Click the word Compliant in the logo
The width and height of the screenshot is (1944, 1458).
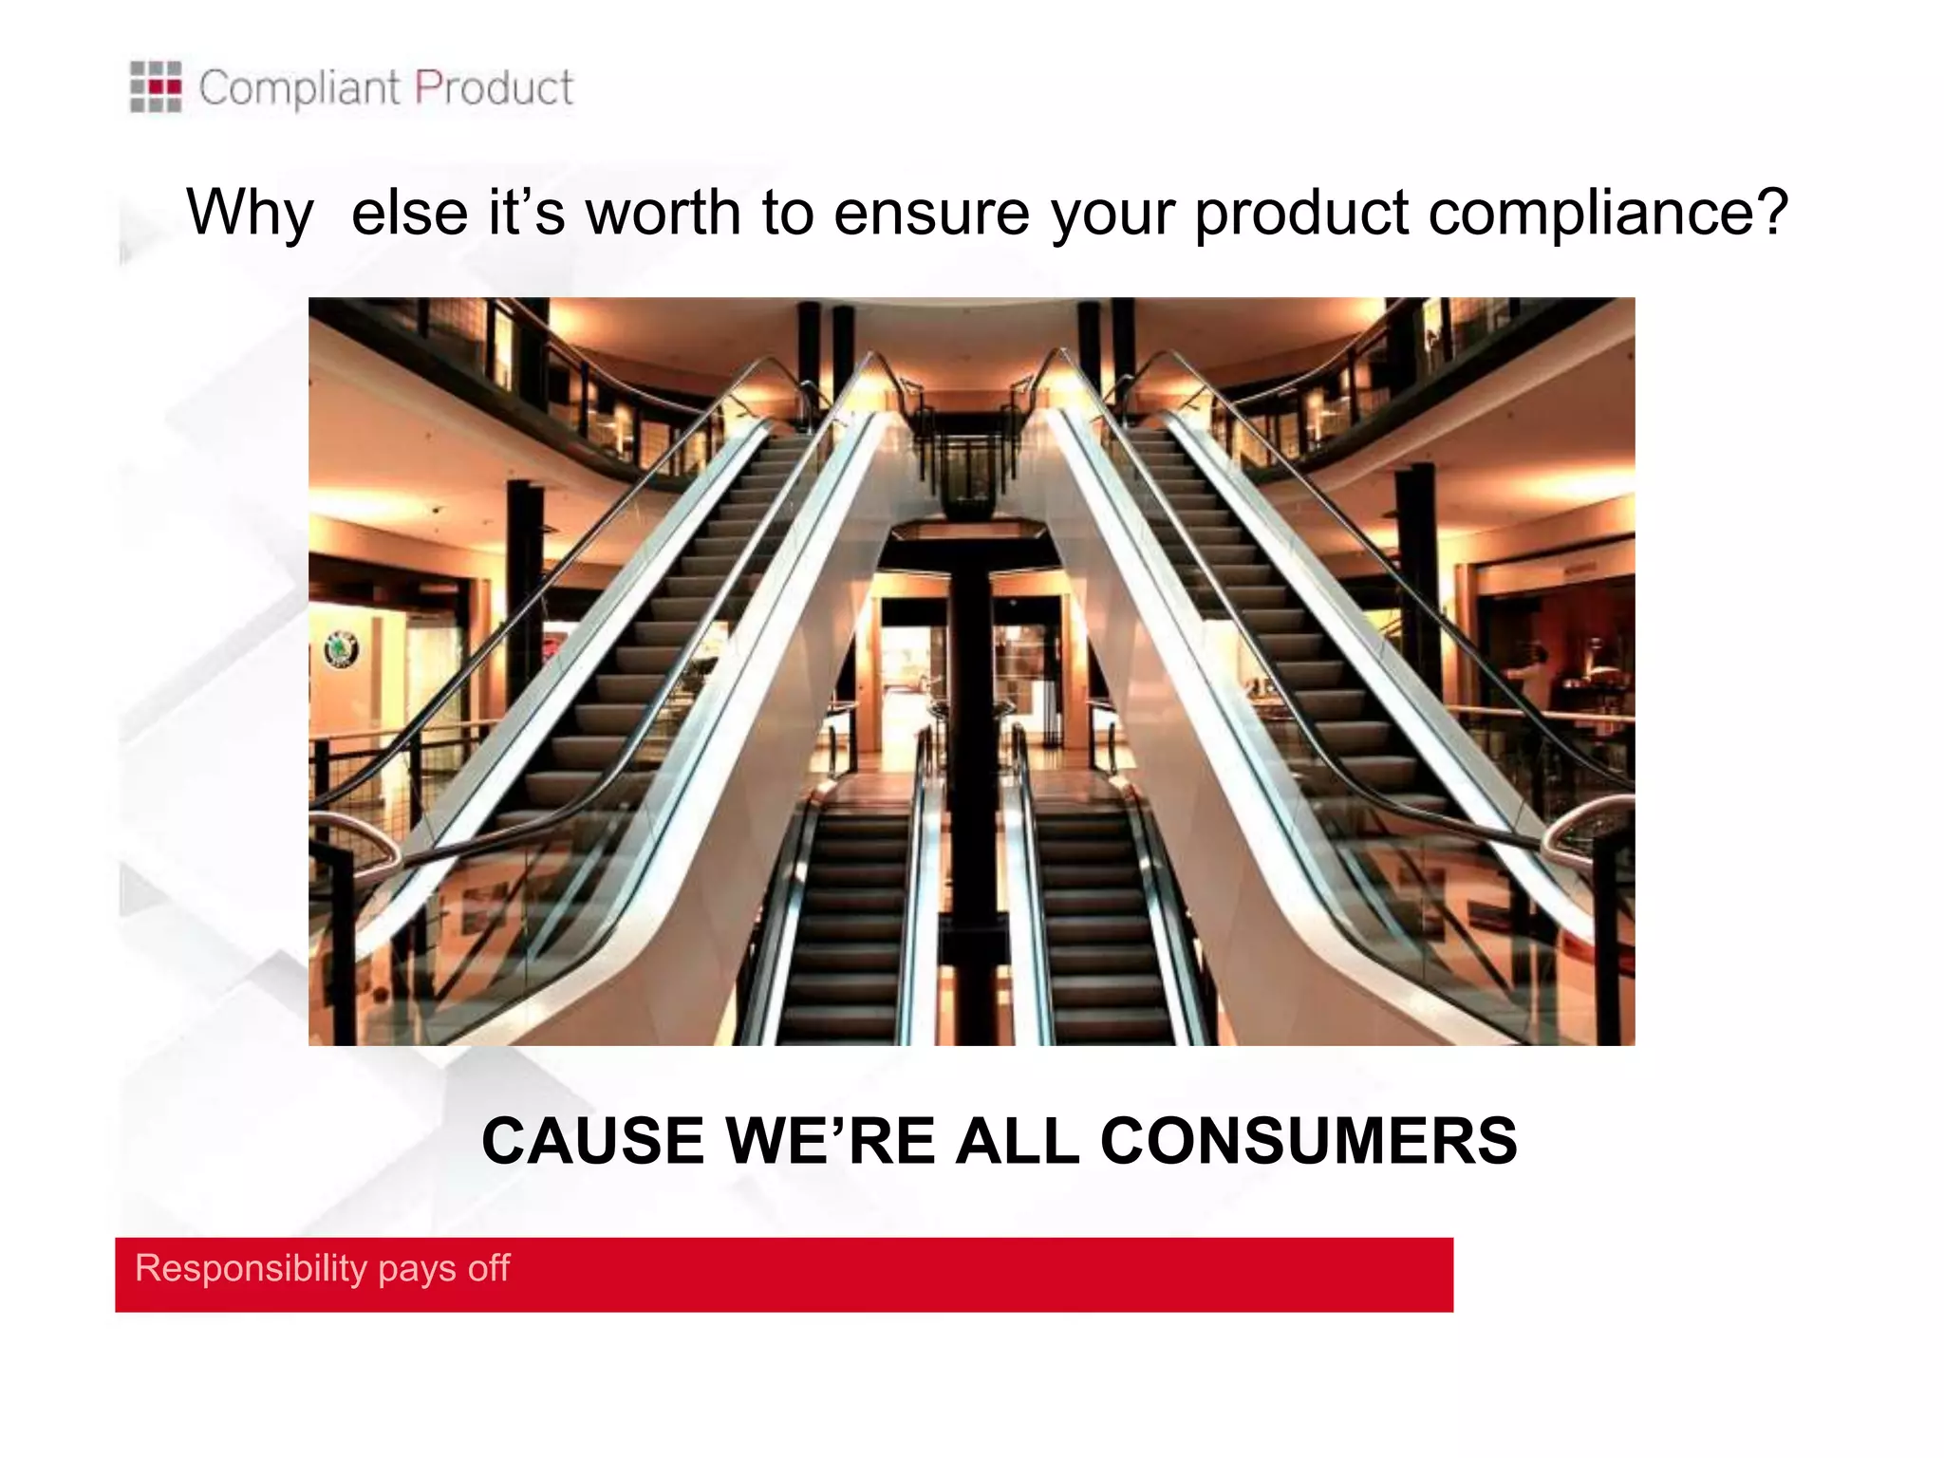point(299,88)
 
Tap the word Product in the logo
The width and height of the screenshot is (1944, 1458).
point(494,88)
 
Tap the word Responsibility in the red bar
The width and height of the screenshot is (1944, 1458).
point(251,1268)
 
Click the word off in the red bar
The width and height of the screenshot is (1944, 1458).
point(489,1268)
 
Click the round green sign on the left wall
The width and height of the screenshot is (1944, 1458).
point(342,649)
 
